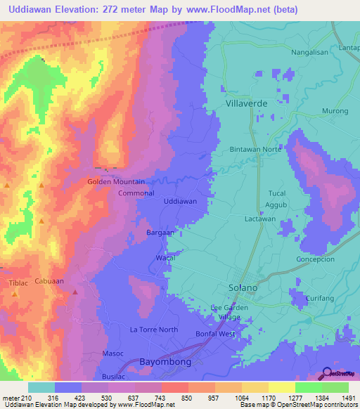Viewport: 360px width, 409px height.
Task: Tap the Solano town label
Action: click(243, 288)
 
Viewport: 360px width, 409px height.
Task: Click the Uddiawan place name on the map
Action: click(179, 201)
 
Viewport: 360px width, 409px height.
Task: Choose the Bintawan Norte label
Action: click(256, 150)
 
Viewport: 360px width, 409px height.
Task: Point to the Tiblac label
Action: click(18, 283)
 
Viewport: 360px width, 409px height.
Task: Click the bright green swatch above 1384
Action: click(309, 387)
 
